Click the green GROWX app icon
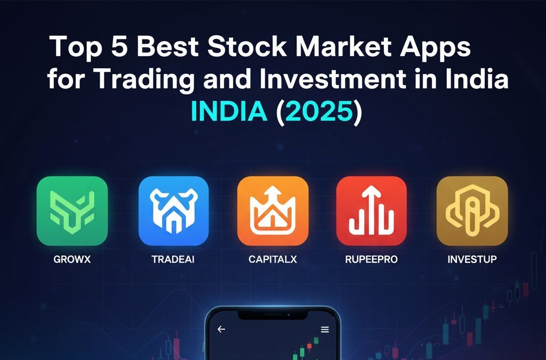click(x=72, y=211)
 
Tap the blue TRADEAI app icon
click(x=173, y=211)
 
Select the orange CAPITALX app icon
click(x=272, y=211)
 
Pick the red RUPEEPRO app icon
click(x=371, y=211)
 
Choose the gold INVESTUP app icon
click(x=472, y=211)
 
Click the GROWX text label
click(x=71, y=260)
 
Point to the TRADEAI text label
click(x=173, y=260)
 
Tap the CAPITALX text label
click(x=272, y=260)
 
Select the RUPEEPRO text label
click(x=371, y=260)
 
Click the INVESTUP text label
click(x=472, y=260)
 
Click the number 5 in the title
click(x=118, y=47)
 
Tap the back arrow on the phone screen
click(x=221, y=329)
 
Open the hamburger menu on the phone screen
click(x=325, y=329)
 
